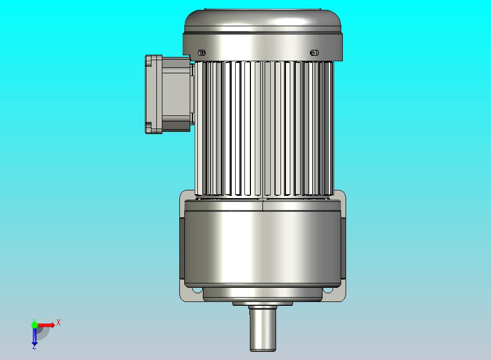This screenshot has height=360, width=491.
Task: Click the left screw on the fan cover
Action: (x=202, y=53)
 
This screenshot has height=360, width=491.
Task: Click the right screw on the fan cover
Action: (x=314, y=53)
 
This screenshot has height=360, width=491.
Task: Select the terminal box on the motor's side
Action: (x=169, y=94)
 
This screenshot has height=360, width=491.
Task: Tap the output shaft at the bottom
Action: (x=262, y=328)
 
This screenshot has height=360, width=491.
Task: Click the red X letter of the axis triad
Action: (x=59, y=322)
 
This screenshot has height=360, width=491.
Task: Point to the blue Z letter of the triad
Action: (x=34, y=346)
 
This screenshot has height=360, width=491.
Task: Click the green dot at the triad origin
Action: (x=34, y=324)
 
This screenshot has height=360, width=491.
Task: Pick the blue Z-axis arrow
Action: (x=34, y=335)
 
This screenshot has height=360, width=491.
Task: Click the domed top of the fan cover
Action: (x=262, y=20)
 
